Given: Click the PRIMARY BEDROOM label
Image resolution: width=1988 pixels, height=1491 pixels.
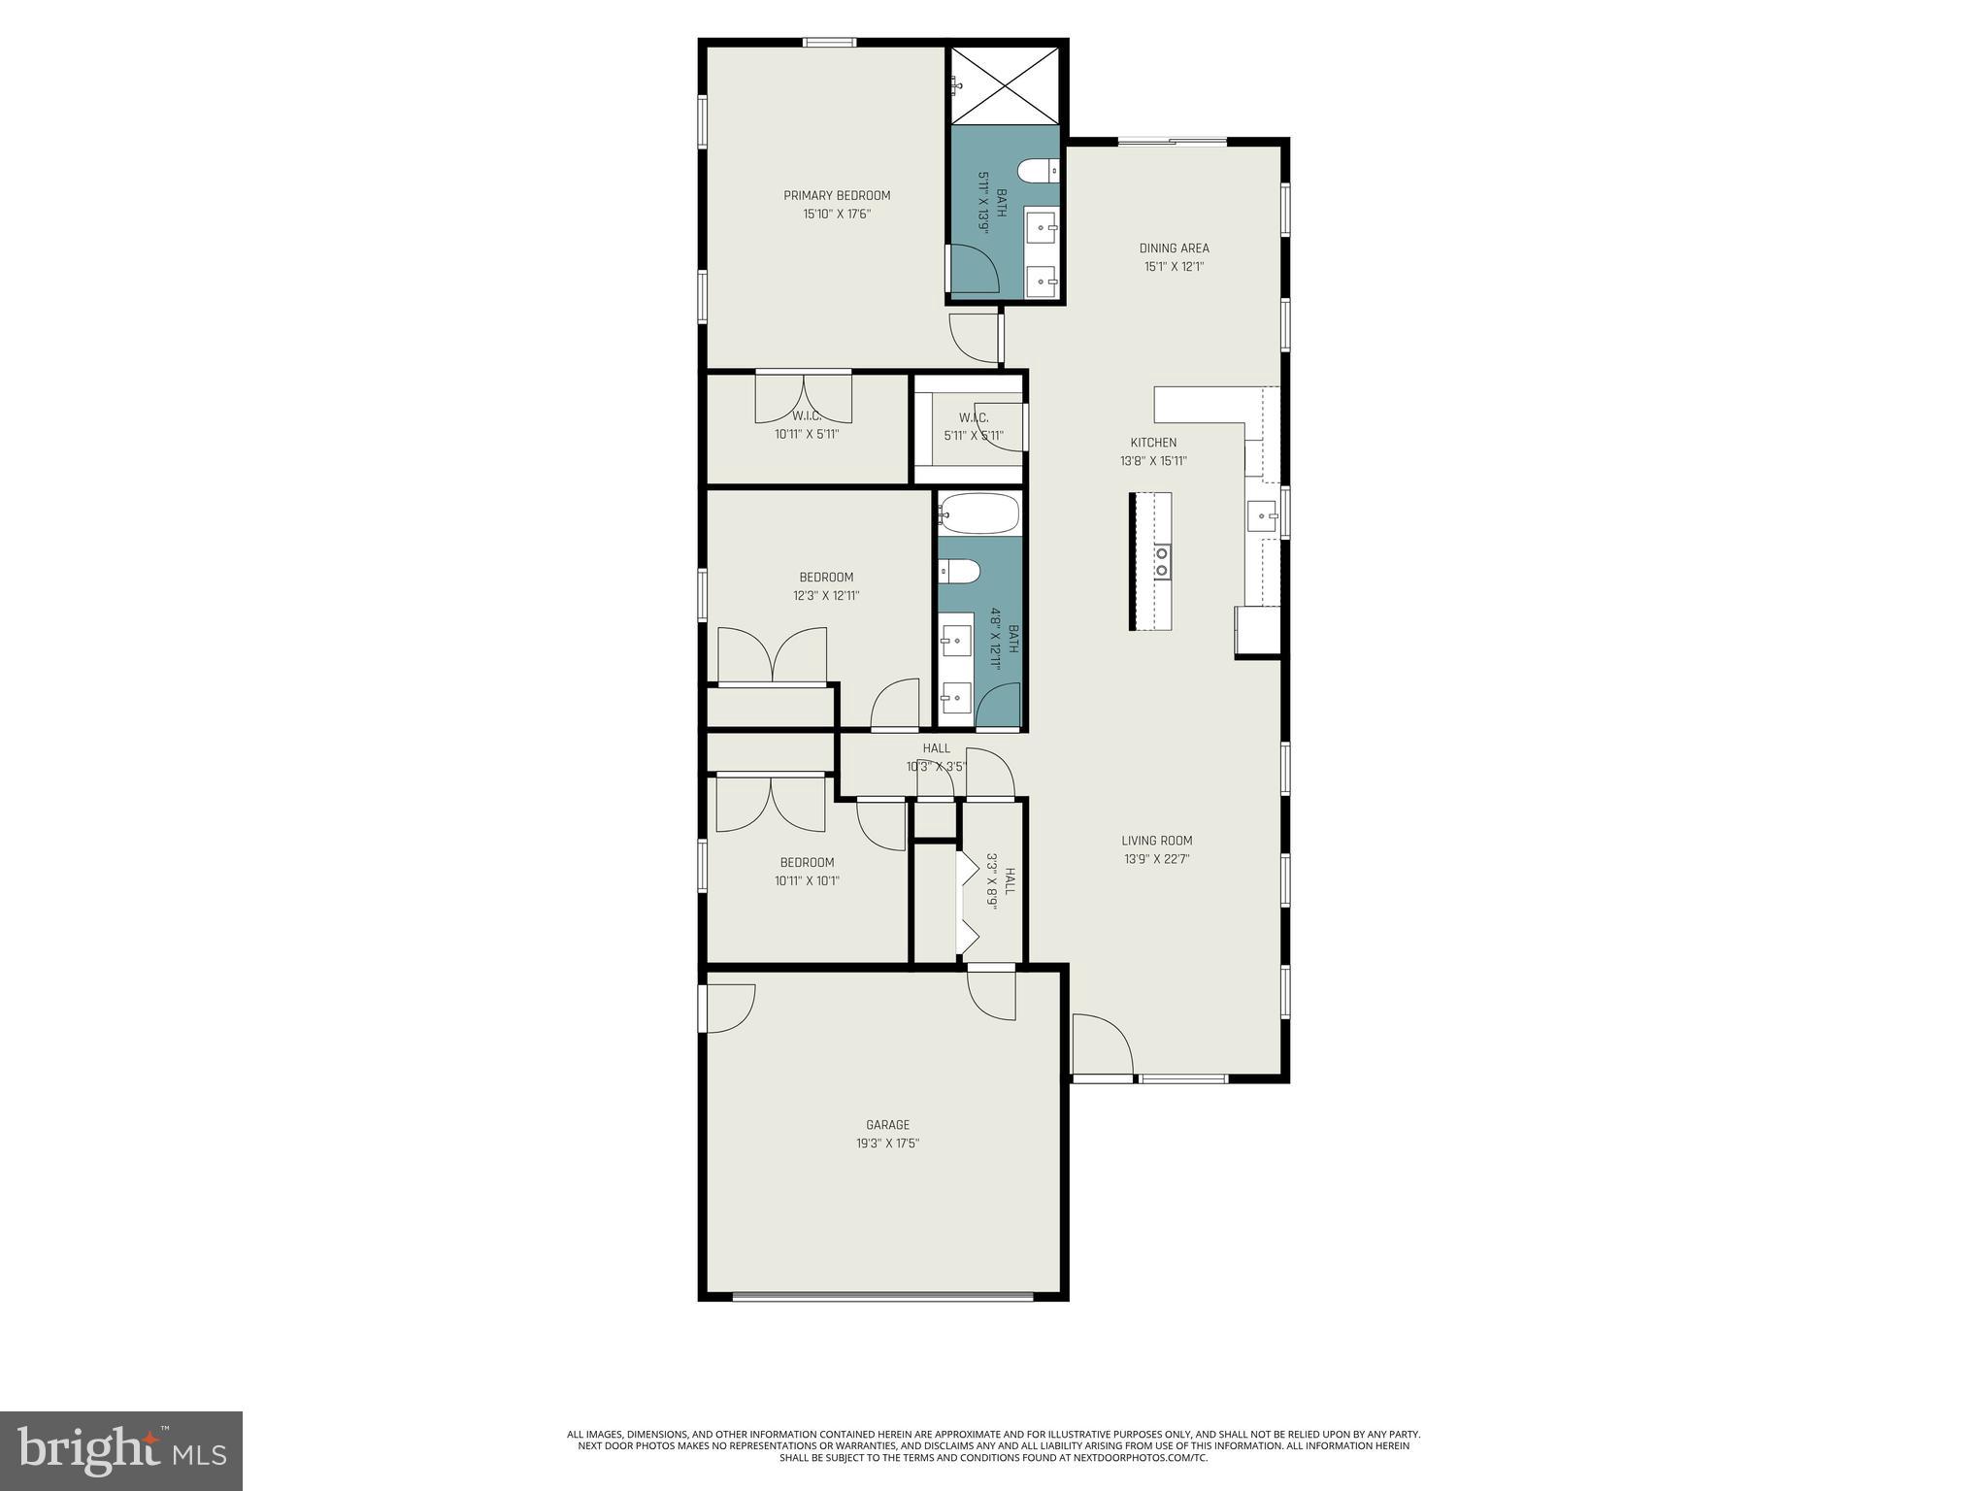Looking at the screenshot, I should coord(837,195).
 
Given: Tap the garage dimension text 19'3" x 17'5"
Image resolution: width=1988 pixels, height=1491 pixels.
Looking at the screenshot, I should coord(887,1143).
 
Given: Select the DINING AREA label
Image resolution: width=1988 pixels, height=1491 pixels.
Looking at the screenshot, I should coord(1174,248).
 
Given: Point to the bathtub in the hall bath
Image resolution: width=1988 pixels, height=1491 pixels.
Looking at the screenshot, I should coord(979,514).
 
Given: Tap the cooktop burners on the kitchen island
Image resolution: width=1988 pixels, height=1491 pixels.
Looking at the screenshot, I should coord(1161,561).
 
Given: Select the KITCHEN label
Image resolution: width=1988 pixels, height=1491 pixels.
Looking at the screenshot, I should coord(1153,443).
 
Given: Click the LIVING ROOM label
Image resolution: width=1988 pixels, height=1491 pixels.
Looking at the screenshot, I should coord(1156,841).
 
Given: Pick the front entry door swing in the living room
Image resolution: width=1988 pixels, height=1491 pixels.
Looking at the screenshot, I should coord(1101,1044).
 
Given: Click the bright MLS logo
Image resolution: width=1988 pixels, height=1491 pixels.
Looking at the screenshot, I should coord(121,1450).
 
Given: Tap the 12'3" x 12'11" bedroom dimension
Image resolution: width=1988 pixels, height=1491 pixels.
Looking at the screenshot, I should coord(826,596).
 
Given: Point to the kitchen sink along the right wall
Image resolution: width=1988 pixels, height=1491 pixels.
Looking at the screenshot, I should coord(1262,514).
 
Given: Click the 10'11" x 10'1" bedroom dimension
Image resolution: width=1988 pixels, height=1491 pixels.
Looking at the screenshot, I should coord(807,881).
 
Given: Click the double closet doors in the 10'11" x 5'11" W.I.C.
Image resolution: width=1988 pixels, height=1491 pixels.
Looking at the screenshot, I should coord(804,398).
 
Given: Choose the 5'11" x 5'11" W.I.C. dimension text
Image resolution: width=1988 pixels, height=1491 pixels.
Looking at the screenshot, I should coord(973,436).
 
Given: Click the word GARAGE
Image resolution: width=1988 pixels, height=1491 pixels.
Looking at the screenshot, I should coord(887,1125).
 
